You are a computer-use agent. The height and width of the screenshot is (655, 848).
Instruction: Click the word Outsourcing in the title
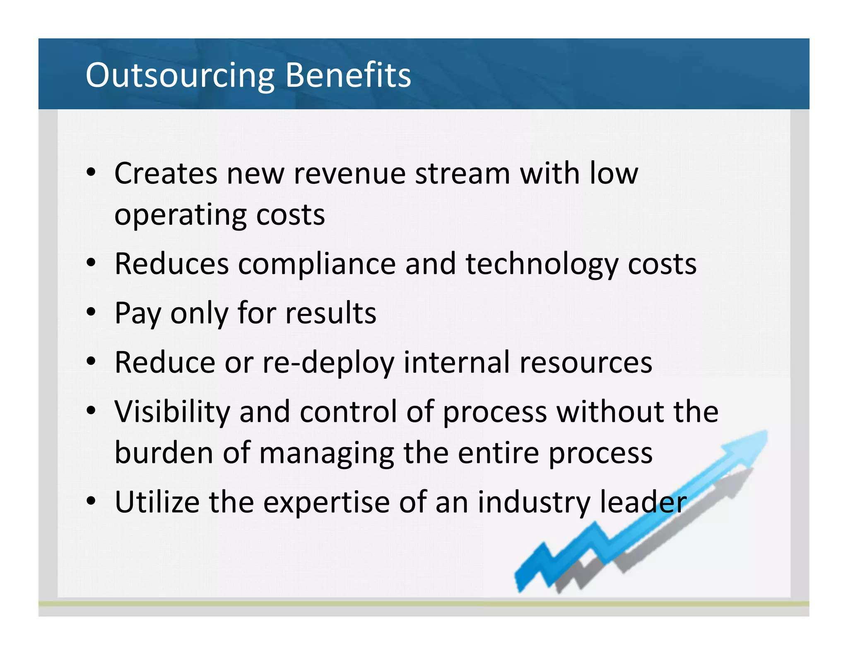click(180, 75)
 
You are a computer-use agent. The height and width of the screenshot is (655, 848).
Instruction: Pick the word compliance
click(317, 264)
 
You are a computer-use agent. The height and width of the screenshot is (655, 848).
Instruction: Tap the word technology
click(542, 265)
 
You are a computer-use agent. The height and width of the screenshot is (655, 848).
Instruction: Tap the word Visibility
click(172, 412)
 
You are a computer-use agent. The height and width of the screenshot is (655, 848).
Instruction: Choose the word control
click(348, 412)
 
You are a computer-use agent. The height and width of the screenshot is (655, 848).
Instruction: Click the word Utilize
click(157, 502)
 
